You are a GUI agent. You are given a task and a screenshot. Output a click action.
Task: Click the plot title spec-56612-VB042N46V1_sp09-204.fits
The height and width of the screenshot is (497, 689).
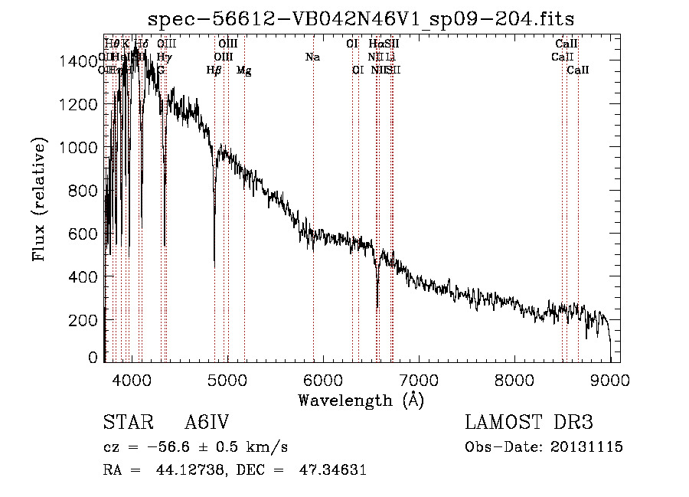361,18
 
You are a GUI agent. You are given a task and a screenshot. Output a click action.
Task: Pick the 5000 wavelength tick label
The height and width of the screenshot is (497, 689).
227,379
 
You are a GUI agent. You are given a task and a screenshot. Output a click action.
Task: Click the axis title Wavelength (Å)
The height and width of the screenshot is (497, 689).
361,400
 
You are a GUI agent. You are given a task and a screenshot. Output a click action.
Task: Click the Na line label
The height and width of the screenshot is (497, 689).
312,57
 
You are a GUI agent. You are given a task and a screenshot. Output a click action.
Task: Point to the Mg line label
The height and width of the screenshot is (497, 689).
243,70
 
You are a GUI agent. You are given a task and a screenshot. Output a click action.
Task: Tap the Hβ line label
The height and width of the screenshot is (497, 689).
214,70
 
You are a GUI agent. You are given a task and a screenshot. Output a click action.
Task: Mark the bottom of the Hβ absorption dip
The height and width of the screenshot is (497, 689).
214,264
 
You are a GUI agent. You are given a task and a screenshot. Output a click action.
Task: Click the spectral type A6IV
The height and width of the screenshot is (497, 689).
207,423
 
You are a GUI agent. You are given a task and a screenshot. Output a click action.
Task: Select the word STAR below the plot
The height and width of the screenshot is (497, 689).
127,423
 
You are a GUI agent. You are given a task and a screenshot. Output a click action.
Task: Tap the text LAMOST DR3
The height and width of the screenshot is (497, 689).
529,423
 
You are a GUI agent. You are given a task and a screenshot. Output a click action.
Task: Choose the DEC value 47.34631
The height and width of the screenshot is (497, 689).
331,470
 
